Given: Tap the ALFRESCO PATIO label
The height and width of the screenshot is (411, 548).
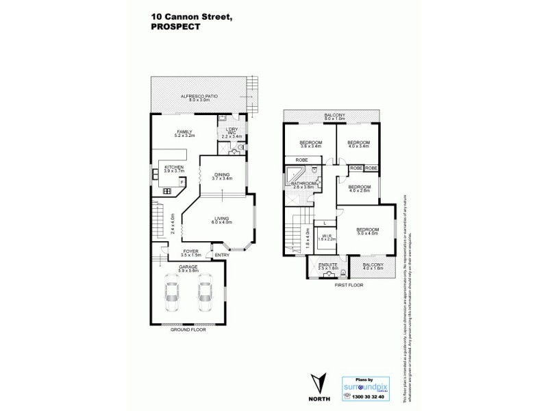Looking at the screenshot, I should click(199, 96).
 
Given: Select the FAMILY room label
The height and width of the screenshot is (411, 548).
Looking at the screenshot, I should click(184, 132).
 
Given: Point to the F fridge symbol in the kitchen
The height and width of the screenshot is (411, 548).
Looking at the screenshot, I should click(182, 182).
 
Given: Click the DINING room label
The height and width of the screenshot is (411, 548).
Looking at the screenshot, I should click(222, 174).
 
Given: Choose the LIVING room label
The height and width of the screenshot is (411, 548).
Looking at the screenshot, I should click(221, 219).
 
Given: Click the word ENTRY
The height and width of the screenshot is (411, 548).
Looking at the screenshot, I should click(222, 256).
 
